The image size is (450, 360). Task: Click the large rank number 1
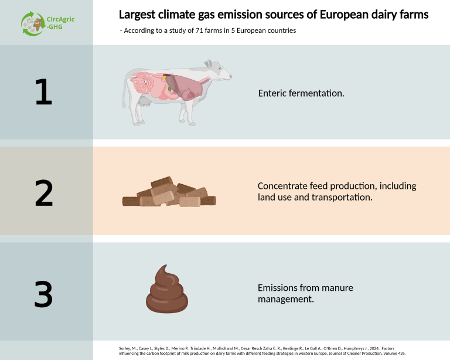43,92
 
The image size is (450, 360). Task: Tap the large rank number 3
43,294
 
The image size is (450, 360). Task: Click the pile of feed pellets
169,194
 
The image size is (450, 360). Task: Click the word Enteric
272,93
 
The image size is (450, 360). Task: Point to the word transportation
343,198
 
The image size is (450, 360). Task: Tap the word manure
338,288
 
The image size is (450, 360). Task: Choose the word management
285,299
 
